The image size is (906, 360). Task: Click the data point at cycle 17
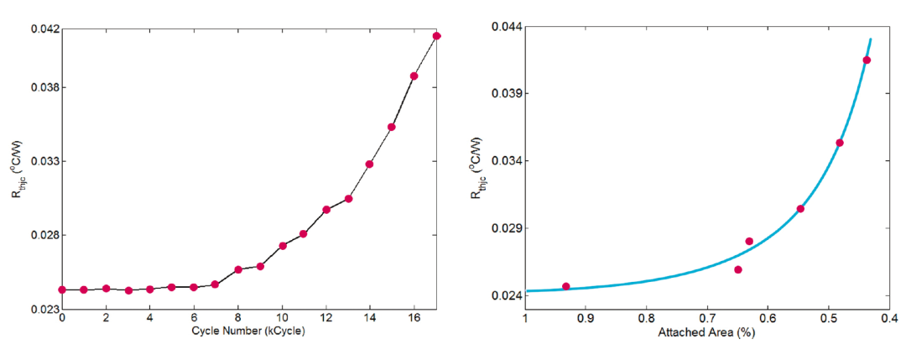click(x=437, y=35)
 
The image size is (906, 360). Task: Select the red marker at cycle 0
click(x=62, y=290)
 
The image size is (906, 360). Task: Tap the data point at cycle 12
click(x=326, y=210)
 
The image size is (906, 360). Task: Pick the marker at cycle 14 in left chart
click(x=370, y=164)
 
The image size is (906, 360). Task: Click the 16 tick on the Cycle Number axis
click(x=414, y=320)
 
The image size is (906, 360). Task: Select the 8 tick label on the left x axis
click(x=238, y=320)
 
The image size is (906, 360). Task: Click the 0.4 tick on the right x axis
click(x=888, y=319)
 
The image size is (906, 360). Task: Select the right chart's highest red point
click(x=867, y=60)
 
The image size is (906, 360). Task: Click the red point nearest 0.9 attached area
click(x=565, y=286)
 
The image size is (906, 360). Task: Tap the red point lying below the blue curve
click(x=738, y=269)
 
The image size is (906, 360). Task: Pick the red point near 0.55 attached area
click(x=800, y=209)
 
